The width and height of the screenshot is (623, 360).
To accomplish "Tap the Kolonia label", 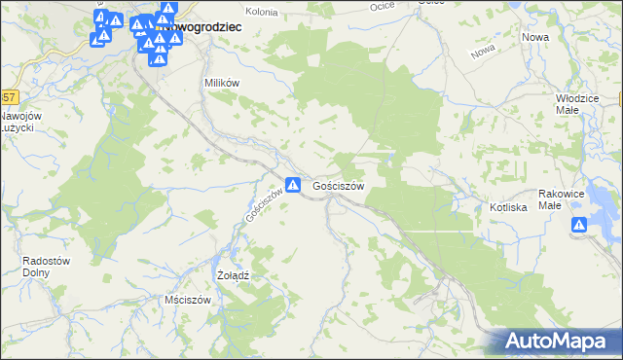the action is coord(262,11).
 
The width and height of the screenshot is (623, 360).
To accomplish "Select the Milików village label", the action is coord(221,83).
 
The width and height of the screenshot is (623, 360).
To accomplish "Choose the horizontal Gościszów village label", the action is coord(339,185).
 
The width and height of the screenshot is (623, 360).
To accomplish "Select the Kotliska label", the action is coord(508,207).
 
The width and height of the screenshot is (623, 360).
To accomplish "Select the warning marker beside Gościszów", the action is coord(292,184).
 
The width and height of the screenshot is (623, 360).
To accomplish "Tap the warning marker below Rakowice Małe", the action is coord(579,226).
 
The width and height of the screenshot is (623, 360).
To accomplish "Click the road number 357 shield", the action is coord(8,97).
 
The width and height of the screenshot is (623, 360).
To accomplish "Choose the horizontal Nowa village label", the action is coord(535,37).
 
